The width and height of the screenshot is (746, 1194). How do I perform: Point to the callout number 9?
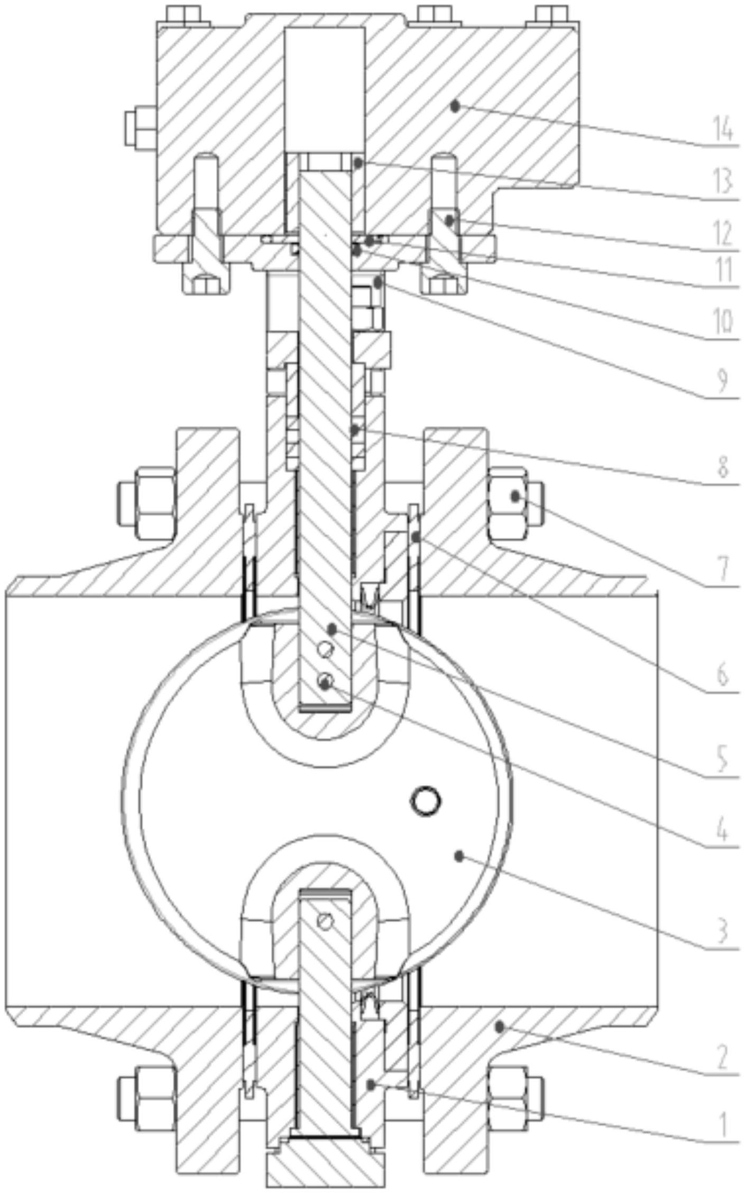pyautogui.click(x=723, y=379)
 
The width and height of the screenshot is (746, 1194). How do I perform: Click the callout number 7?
pyautogui.click(x=723, y=570)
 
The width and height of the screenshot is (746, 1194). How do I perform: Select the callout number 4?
pyautogui.click(x=723, y=846)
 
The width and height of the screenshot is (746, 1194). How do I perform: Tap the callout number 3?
pyautogui.click(x=723, y=932)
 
